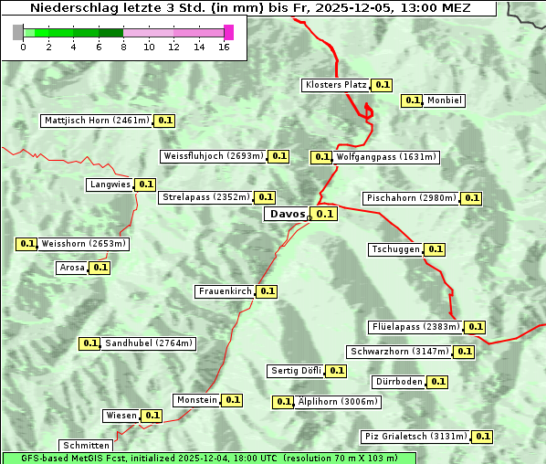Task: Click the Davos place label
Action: (288, 214)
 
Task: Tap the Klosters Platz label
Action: (335, 85)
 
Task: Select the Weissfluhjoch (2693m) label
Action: (214, 156)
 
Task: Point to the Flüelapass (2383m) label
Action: (415, 326)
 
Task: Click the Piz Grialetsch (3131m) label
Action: (415, 437)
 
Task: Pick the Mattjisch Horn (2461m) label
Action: (97, 121)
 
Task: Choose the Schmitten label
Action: (86, 446)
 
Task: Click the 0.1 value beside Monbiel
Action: (413, 100)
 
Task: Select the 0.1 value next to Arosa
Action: (100, 268)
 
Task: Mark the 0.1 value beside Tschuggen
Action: (436, 249)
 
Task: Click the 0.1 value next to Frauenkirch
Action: (267, 291)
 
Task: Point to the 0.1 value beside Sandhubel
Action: (89, 343)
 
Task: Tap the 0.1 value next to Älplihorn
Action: (284, 401)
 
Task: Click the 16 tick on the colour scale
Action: (223, 47)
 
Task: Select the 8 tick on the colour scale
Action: (123, 47)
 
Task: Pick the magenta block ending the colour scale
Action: (228, 32)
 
